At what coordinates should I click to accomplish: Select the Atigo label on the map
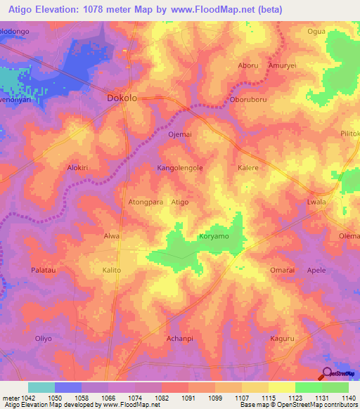click(x=180, y=202)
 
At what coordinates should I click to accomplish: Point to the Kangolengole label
click(x=179, y=169)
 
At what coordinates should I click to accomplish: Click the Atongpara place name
click(x=146, y=202)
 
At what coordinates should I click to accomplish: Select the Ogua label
click(x=317, y=31)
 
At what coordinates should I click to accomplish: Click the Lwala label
click(x=317, y=202)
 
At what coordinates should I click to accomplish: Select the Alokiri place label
click(x=77, y=169)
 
